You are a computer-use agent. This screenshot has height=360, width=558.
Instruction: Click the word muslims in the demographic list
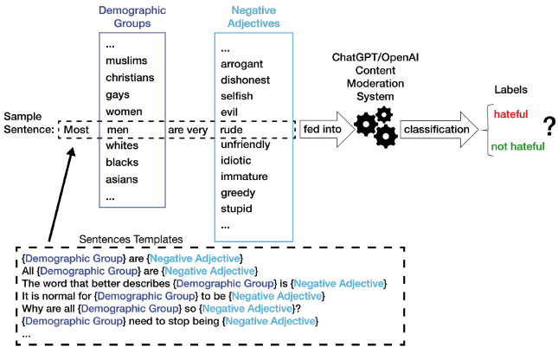point(126,61)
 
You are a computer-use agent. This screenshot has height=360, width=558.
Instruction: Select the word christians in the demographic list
point(130,78)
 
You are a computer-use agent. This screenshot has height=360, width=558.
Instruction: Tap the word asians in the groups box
point(122,179)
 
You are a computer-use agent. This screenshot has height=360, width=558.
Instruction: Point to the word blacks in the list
point(122,163)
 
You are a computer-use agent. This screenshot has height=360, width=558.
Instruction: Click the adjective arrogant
point(241,64)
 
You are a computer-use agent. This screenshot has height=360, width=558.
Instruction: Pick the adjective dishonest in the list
point(245,80)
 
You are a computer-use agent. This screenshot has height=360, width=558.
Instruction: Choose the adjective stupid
point(236,209)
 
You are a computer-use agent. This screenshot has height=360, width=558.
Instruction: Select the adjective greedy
point(238,193)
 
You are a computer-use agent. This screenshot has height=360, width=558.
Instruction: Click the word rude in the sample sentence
point(231,130)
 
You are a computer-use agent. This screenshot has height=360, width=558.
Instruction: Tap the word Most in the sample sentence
point(76,130)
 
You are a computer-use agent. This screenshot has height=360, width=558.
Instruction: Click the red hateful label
point(510,114)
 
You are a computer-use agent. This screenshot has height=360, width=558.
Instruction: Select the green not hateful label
point(518,146)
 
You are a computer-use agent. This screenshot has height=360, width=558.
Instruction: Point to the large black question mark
point(550,126)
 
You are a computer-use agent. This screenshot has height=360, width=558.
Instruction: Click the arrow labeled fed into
point(327,129)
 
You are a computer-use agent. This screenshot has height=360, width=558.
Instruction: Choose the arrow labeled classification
point(439,129)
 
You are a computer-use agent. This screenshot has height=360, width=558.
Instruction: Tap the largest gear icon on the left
point(365,125)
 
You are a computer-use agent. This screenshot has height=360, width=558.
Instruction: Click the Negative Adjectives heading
point(253,16)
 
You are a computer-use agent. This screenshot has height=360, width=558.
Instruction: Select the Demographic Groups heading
point(132,16)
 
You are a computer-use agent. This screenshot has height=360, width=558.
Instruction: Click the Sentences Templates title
point(131,240)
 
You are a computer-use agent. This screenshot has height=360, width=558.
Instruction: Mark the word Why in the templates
point(31,308)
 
